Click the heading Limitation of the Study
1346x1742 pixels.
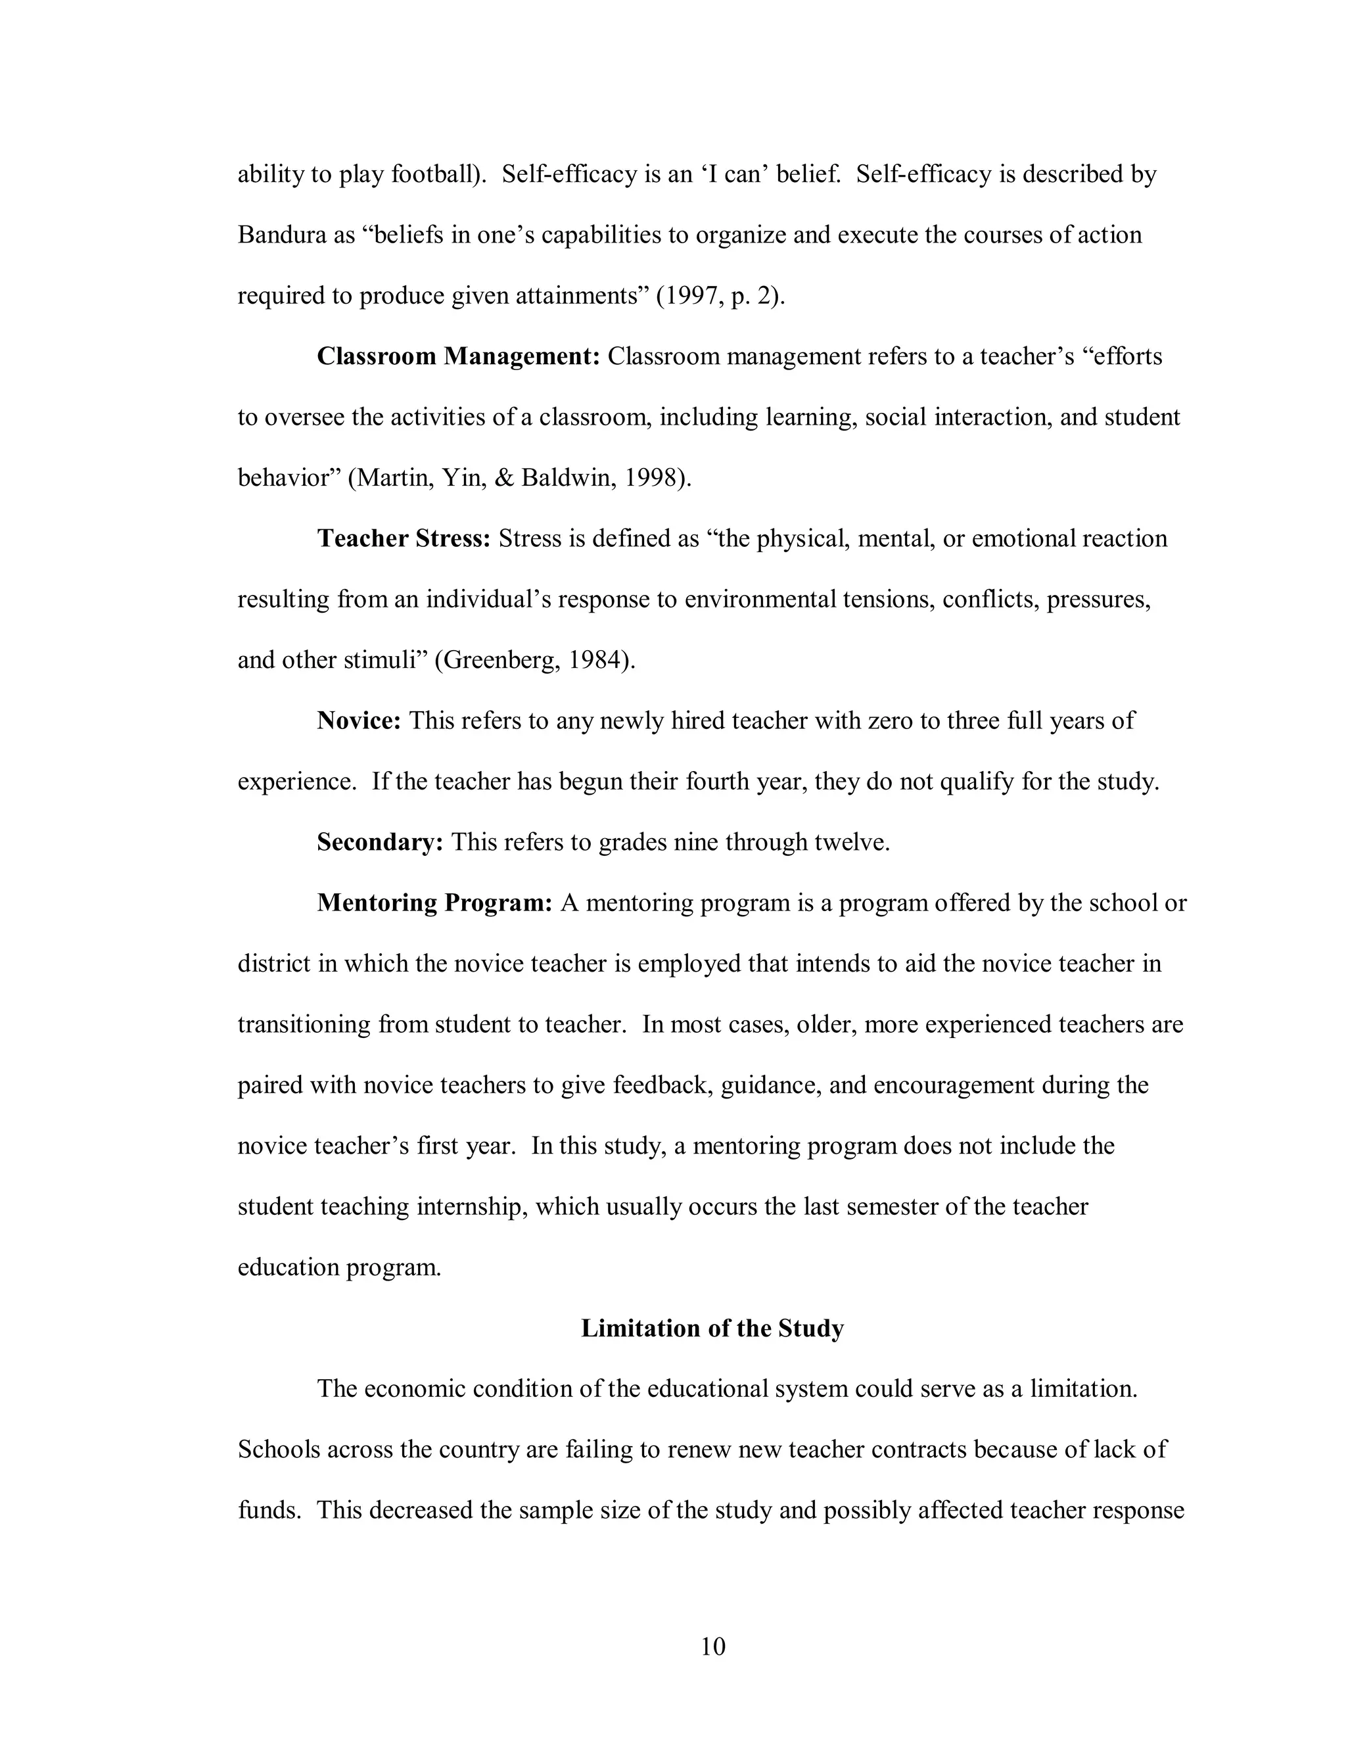712,1328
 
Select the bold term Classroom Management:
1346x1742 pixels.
457,356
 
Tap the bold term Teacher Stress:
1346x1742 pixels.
404,538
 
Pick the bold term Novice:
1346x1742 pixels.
359,721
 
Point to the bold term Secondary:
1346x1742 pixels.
380,842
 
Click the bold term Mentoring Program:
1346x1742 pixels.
434,903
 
